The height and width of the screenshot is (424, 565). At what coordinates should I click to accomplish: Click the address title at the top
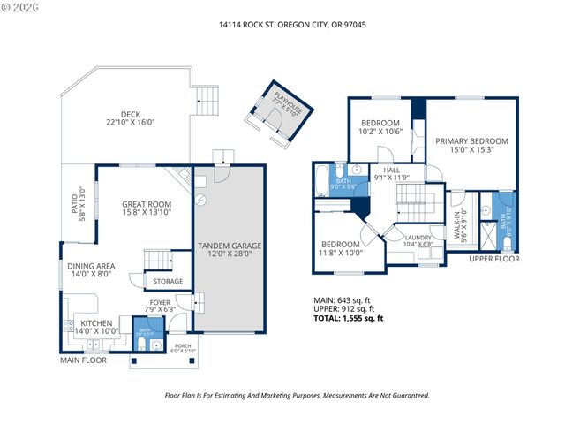(292, 25)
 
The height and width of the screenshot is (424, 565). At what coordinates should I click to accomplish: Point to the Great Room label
(146, 208)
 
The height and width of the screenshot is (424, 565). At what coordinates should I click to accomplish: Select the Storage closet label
(168, 282)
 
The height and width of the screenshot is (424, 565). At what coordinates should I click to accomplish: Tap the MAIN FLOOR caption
(84, 360)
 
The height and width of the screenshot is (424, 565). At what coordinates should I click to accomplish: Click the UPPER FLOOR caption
(493, 259)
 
